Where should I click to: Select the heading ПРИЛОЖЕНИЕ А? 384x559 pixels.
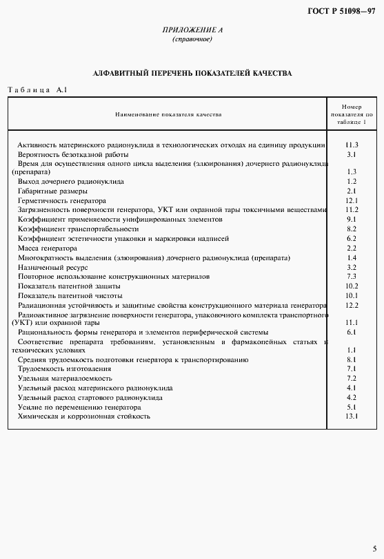pos(192,30)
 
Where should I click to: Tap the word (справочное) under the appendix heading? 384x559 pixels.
pos(192,39)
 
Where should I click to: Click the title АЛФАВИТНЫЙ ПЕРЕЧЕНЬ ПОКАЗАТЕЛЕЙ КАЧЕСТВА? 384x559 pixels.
pos(192,72)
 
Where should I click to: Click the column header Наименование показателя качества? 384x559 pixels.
pos(168,114)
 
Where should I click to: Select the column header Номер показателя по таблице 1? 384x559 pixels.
pos(351,114)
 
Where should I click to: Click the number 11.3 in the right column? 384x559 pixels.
pos(352,145)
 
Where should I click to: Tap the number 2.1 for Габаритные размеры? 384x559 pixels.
pos(352,191)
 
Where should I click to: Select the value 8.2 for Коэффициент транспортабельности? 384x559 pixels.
pos(352,229)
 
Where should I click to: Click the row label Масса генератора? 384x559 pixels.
pos(48,248)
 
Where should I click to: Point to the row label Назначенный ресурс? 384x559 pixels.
pos(52,266)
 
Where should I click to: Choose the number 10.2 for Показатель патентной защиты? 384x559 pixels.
pos(352,286)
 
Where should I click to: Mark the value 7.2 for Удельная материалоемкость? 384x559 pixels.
pos(352,379)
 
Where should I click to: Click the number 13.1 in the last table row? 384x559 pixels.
pos(352,416)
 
